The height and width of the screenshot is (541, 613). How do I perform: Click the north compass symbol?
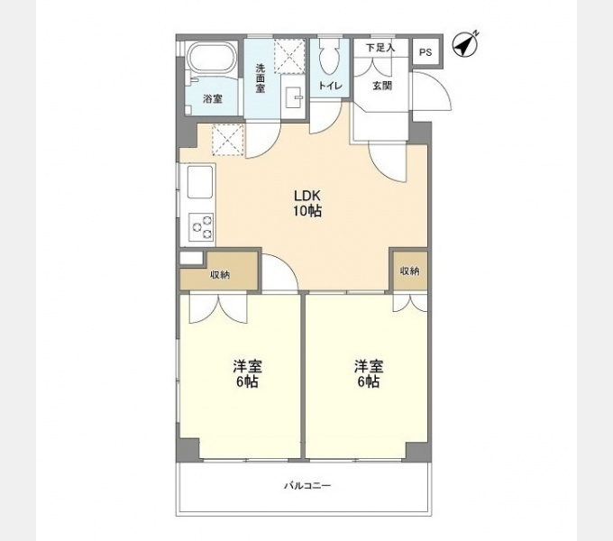point(464,44)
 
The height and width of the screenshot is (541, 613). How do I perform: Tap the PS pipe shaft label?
point(425,52)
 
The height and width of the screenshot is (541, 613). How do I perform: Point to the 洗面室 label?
point(261,78)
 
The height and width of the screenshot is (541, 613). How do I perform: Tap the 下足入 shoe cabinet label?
point(380,48)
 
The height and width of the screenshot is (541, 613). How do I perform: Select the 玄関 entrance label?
point(382,86)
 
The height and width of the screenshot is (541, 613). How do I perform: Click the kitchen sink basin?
point(200,181)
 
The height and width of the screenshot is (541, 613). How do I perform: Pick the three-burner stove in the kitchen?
point(202,227)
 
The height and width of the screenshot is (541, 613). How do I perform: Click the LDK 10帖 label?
point(307,203)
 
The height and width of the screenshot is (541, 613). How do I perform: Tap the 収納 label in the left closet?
point(221,275)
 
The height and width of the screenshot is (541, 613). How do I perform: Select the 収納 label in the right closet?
point(409,270)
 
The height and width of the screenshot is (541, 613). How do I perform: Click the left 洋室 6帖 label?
point(248,373)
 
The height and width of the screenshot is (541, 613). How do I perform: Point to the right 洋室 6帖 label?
point(369,373)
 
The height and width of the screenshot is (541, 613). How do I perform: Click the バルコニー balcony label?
point(307,486)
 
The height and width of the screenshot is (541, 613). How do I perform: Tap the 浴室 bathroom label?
point(212,99)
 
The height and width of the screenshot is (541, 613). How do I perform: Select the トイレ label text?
point(330,86)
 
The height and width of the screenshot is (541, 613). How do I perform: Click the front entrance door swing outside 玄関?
point(432,91)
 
